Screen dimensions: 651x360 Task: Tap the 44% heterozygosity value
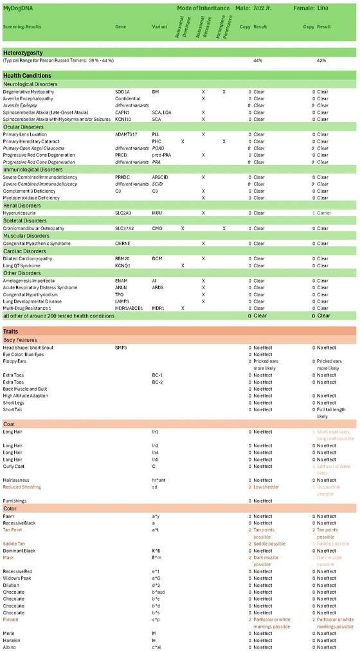258,60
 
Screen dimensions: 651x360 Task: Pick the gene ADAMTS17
126,134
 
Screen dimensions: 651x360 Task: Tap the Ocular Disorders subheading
22,127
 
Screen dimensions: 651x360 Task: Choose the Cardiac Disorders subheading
23,251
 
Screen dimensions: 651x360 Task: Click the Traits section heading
11,331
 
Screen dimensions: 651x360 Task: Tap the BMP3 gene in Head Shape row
121,347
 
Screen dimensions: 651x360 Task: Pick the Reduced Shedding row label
22,486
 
